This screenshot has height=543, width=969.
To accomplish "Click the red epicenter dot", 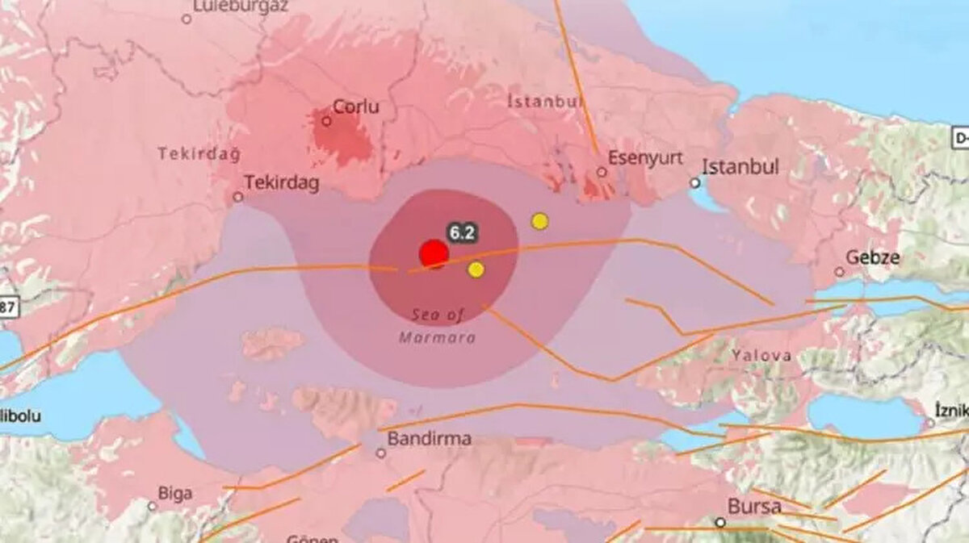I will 434,254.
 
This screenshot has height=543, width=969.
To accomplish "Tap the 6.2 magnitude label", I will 462,233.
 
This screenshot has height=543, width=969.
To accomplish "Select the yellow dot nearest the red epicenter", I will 476,269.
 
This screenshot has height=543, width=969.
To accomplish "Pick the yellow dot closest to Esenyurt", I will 539,221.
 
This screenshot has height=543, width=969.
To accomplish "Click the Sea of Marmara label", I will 438,326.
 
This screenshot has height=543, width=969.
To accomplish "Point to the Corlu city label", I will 356,107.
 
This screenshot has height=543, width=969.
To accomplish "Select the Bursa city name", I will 754,507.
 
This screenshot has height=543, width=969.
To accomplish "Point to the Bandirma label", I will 430,440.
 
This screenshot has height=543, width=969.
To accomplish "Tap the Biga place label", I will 175,492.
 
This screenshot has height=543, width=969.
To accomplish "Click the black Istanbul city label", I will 740,167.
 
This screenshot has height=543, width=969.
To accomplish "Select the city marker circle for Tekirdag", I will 238,196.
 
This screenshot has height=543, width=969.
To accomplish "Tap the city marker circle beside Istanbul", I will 695,183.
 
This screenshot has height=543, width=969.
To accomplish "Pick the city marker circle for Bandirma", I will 380,453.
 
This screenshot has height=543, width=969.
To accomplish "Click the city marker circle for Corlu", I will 326,121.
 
